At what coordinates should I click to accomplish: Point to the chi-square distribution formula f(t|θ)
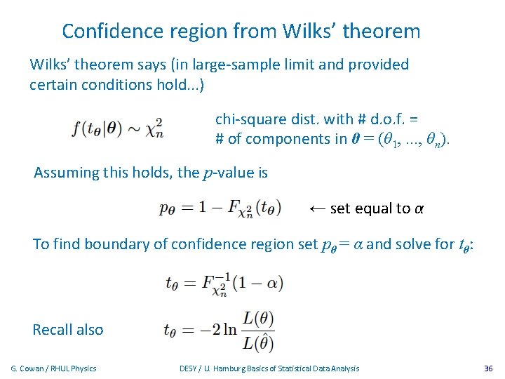point(118,129)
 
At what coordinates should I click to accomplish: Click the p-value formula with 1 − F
point(220,208)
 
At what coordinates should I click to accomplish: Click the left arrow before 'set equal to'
point(317,208)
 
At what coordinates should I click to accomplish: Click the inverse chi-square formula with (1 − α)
point(223,283)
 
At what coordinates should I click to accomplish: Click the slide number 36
point(489,368)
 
